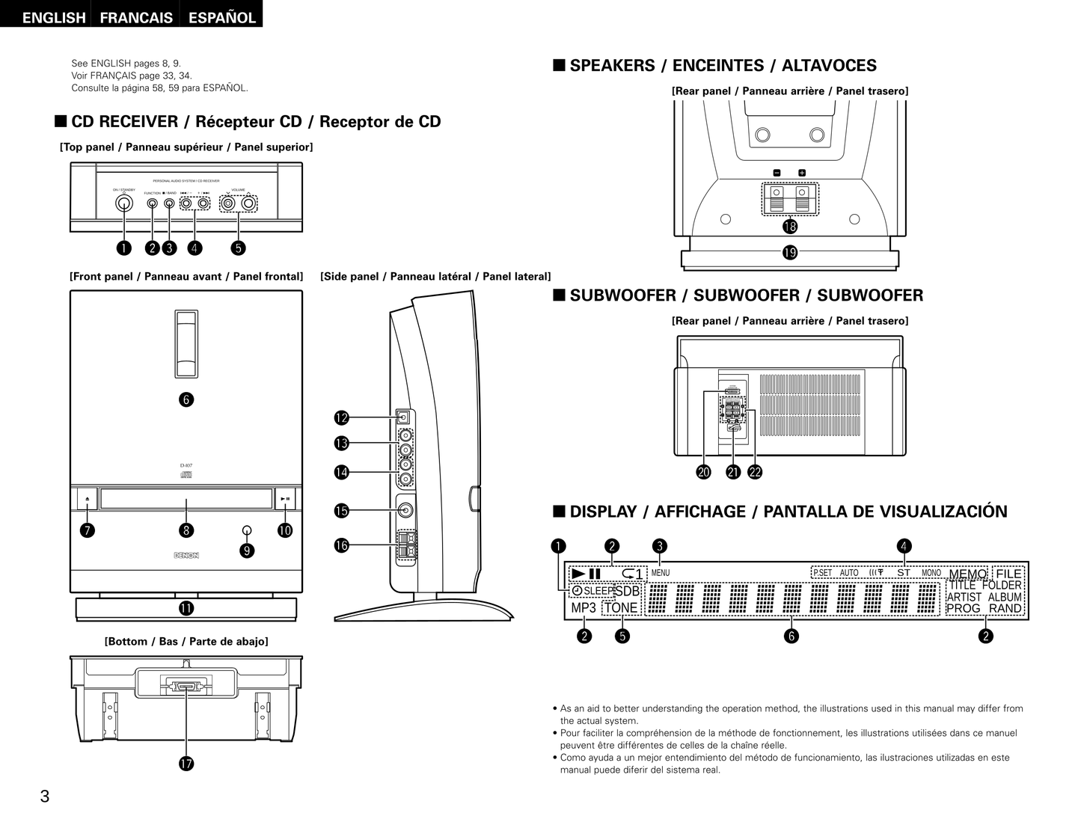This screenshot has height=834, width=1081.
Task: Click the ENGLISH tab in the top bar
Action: pos(53,17)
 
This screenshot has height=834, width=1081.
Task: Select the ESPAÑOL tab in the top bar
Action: pos(222,17)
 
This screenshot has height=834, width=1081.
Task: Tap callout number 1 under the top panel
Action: pos(124,248)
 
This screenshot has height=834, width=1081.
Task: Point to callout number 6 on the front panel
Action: pos(186,399)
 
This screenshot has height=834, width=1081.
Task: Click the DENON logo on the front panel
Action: pos(186,556)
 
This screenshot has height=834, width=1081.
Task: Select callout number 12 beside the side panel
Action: pos(341,417)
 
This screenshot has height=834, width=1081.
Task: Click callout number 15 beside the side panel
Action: pos(341,511)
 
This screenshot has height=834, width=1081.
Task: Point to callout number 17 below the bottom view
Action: pos(186,764)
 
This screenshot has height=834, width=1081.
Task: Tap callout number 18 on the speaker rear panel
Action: pos(789,227)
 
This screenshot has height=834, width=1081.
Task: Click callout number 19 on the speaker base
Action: pos(789,253)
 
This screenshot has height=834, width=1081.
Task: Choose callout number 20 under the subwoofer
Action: pos(703,472)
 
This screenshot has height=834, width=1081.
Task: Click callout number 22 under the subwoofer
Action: pos(755,472)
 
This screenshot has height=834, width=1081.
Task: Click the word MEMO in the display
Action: pos(967,574)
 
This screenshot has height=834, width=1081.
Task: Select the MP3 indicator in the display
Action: pos(584,608)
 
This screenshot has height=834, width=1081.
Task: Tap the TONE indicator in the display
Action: pos(621,608)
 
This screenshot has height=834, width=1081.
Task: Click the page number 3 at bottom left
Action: pos(45,797)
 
